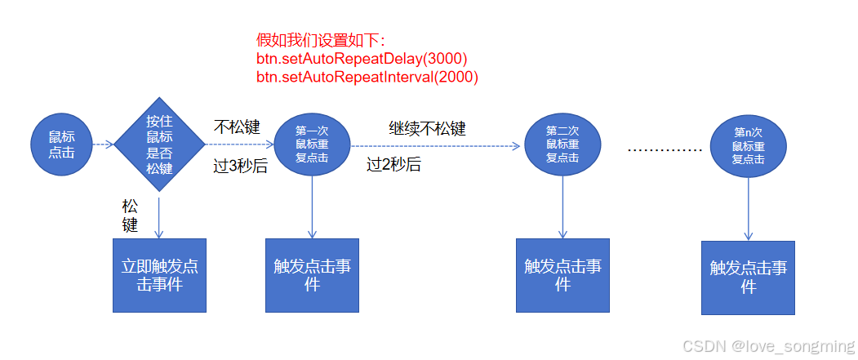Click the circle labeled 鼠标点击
click(x=61, y=144)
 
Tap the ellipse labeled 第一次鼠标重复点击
click(x=312, y=144)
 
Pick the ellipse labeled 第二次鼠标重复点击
click(x=562, y=144)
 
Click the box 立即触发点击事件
click(x=159, y=275)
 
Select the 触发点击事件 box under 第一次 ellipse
click(x=312, y=275)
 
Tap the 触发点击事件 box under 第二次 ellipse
click(x=562, y=275)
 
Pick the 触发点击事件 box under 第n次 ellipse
click(x=749, y=278)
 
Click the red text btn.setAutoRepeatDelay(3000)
click(x=362, y=59)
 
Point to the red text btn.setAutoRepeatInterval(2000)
click(x=367, y=77)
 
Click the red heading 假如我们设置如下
click(x=321, y=40)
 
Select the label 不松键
click(x=237, y=127)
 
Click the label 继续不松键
click(x=427, y=128)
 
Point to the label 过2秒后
click(x=393, y=165)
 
